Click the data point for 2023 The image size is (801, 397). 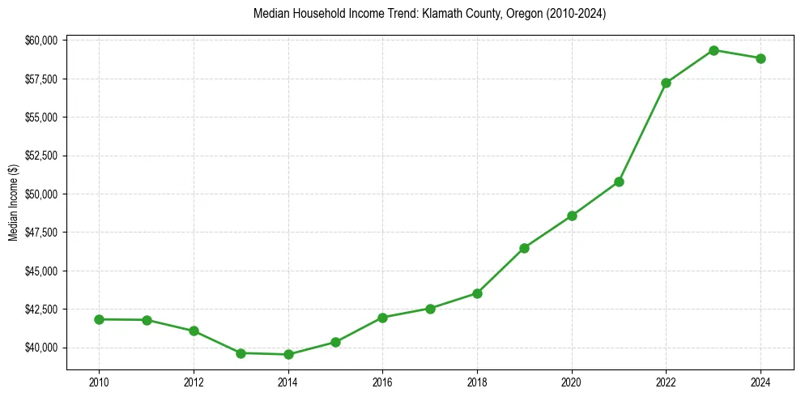(714, 50)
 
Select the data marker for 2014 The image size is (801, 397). (288, 354)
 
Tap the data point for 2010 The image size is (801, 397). (99, 319)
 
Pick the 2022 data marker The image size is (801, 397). (666, 83)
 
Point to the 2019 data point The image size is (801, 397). (524, 248)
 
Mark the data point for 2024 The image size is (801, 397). (761, 58)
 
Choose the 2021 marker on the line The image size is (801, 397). (619, 181)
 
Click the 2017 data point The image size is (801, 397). (430, 309)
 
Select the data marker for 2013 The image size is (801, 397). (241, 353)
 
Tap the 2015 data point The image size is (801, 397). (335, 342)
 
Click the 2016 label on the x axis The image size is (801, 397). (382, 382)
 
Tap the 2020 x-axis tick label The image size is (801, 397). (572, 382)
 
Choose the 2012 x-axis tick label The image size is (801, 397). (194, 382)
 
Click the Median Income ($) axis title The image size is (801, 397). (13, 203)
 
